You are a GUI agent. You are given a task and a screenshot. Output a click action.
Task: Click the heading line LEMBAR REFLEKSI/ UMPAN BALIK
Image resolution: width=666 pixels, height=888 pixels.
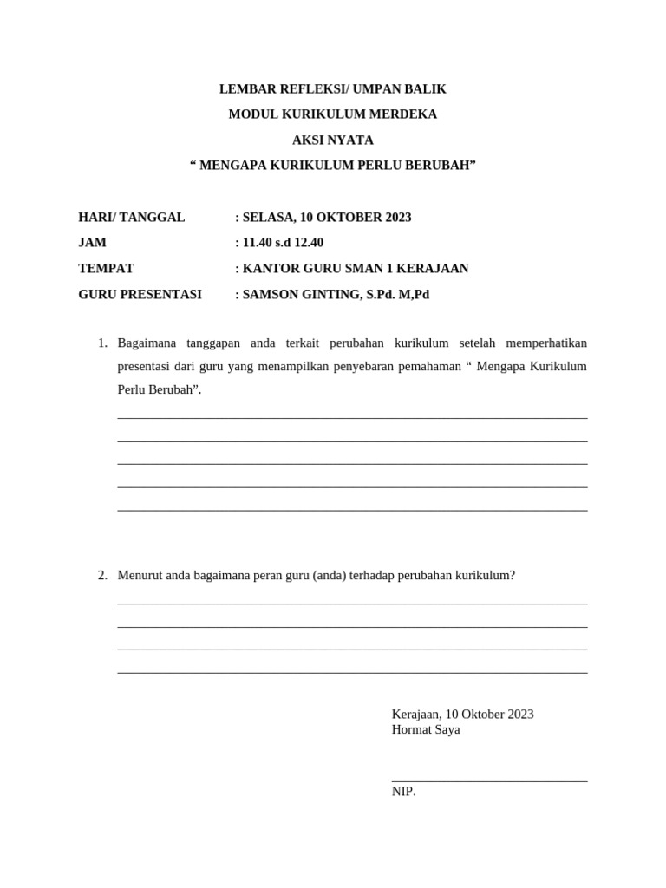coord(332,88)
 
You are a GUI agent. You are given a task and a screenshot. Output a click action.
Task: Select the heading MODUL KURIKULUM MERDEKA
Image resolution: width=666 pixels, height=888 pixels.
coord(332,114)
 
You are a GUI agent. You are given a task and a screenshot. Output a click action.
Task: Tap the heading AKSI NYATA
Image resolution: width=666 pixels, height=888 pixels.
coord(332,140)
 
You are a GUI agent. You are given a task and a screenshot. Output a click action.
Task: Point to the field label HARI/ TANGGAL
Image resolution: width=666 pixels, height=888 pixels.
coord(132,217)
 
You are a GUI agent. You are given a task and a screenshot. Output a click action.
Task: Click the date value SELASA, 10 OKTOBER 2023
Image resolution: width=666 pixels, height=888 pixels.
coord(326,217)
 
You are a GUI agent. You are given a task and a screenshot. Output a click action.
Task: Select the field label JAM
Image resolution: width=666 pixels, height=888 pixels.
coord(93,243)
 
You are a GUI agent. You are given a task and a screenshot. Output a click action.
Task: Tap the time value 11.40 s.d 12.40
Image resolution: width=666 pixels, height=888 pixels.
coord(283,243)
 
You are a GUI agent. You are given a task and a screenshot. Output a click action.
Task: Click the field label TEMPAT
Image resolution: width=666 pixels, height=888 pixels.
coord(106,268)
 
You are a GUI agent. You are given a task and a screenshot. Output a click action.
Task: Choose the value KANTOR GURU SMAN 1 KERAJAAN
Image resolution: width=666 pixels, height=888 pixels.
coord(355,268)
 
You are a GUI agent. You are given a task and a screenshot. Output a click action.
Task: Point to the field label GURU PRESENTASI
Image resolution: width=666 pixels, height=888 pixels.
coord(140,294)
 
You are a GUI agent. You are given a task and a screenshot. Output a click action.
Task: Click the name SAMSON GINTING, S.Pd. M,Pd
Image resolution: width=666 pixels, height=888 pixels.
coord(336,294)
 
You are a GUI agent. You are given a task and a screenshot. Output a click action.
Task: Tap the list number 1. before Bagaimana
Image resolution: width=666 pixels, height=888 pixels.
coord(102,343)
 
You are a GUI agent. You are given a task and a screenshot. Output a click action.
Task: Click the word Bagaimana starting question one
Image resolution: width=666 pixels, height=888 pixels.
coord(146,343)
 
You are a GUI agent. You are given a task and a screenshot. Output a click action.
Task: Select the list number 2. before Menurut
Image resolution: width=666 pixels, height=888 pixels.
coord(102,575)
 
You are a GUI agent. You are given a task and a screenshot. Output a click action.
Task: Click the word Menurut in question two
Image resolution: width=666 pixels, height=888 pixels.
coord(140,575)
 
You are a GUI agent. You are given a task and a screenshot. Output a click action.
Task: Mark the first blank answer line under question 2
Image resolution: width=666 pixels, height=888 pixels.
coord(352,604)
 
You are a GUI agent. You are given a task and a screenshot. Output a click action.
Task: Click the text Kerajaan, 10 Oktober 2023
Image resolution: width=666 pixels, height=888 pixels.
coord(462,714)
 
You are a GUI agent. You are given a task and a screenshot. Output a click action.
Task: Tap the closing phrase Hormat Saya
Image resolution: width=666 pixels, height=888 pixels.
coord(426,729)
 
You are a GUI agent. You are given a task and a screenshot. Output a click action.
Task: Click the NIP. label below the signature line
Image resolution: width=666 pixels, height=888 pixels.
coord(403,791)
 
